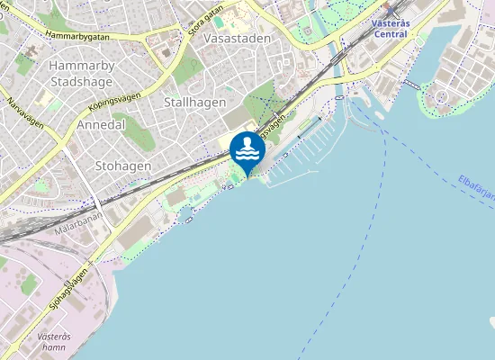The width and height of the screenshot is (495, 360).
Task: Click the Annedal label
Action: point(101,124)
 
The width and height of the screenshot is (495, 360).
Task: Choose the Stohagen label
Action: point(122,166)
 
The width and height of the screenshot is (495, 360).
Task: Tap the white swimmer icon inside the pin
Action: point(247,148)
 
